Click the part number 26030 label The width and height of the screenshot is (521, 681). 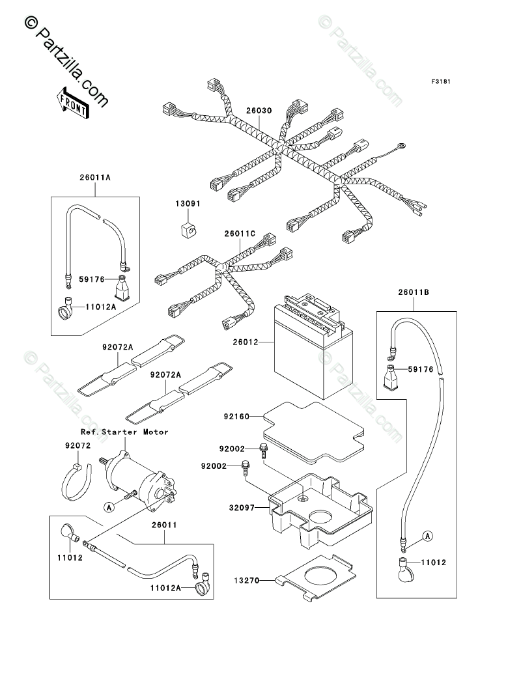[259, 111]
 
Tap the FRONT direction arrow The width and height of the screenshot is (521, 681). [73, 103]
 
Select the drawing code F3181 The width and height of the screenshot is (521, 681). [423, 82]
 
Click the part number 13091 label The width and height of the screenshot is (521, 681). [186, 204]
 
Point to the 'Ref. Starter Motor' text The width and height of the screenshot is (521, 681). [124, 432]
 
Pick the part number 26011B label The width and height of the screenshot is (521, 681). [414, 293]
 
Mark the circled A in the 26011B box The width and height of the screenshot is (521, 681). [427, 536]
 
